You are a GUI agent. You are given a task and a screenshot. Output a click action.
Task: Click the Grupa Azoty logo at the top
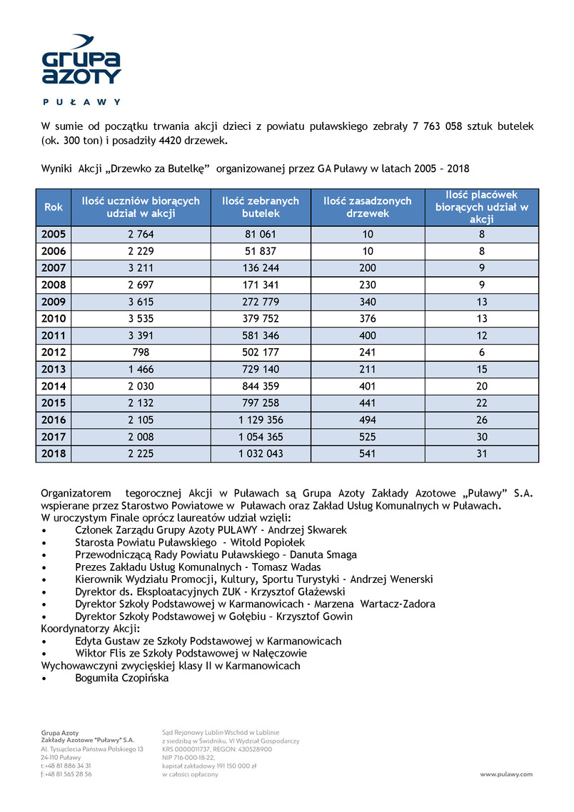[81, 61]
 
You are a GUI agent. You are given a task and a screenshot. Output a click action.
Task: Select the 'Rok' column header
[54, 207]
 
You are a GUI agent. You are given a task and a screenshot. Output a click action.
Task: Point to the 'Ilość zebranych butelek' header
[261, 207]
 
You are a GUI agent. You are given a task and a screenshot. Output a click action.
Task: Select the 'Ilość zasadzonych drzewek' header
[368, 207]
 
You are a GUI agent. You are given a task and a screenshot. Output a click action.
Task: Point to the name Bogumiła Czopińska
[122, 678]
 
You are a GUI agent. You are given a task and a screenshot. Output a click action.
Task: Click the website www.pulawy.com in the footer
[506, 774]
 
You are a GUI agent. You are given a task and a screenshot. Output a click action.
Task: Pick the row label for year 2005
[54, 234]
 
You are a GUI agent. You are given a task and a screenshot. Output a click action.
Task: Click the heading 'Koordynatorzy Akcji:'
[89, 629]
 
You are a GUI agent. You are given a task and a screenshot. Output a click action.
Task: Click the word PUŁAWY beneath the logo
[81, 102]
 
